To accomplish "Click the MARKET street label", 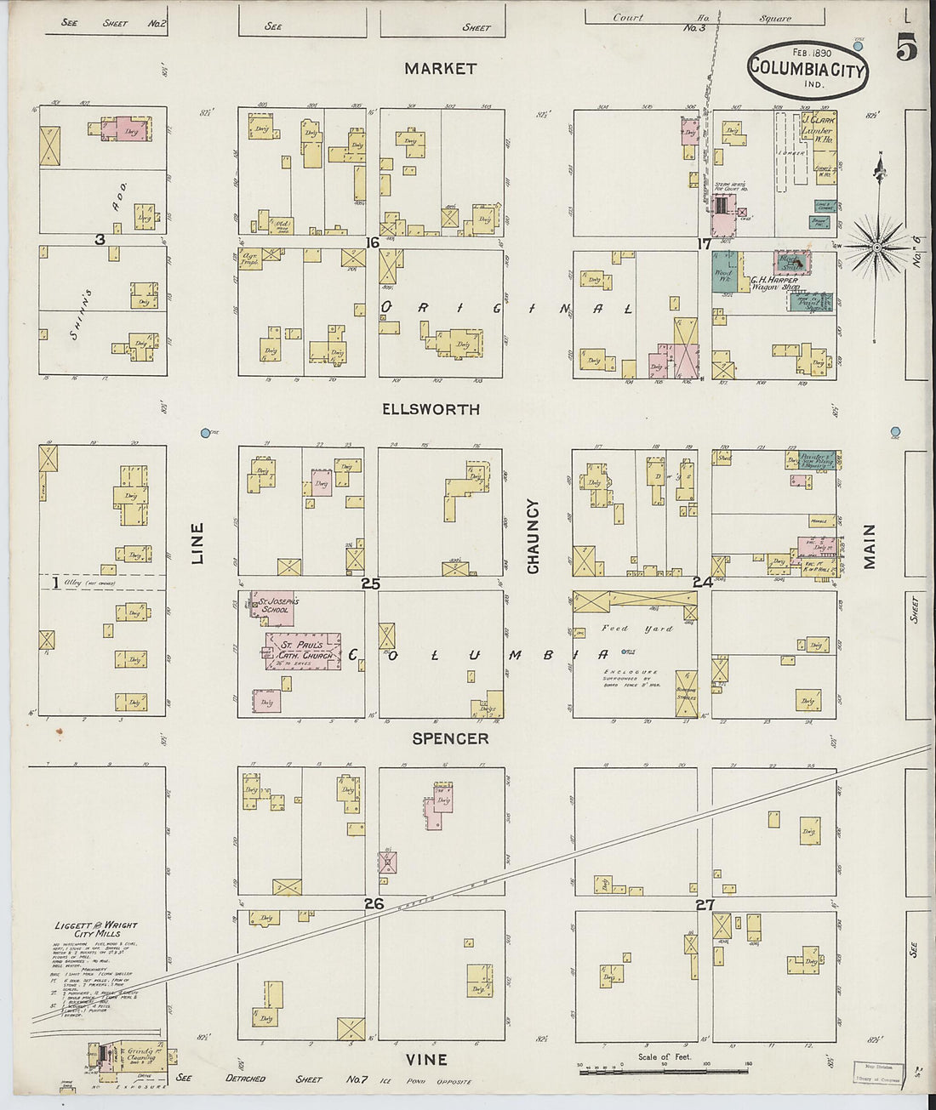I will click(x=440, y=69).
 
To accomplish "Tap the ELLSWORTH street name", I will click(x=431, y=409).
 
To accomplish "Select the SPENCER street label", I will click(x=450, y=738).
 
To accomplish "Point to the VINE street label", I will click(x=426, y=1059).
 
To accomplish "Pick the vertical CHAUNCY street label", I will click(x=534, y=536).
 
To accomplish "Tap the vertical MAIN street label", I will click(x=870, y=546).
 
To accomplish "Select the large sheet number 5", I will click(x=905, y=50).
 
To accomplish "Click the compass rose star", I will click(x=876, y=248).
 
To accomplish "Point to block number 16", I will click(x=372, y=243).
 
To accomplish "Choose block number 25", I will click(x=370, y=583).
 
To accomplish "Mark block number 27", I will click(x=705, y=904).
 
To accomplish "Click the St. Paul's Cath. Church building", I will click(x=303, y=651).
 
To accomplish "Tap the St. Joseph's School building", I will click(x=271, y=604).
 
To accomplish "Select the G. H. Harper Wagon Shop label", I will click(x=773, y=283).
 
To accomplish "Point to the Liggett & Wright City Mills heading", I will click(x=95, y=929).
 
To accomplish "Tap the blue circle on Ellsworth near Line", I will click(x=205, y=433).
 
